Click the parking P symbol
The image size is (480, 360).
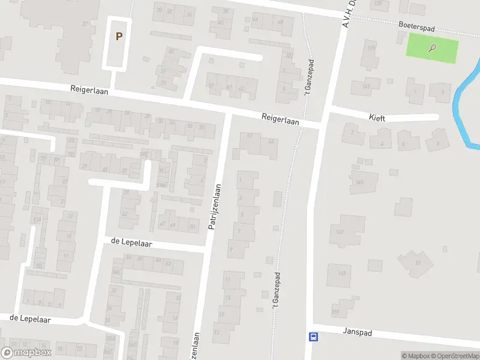pyautogui.click(x=119, y=36)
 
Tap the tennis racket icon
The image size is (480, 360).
pyautogui.click(x=432, y=49)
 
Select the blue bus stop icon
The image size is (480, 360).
pyautogui.click(x=313, y=337)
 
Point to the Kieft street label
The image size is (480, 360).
pyautogui.click(x=377, y=119)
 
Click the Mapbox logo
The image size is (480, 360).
pyautogui.click(x=26, y=353)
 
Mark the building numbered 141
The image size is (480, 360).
pyautogui.click(x=367, y=86)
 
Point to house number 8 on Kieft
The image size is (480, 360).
pyautogui.click(x=438, y=143)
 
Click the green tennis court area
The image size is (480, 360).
pyautogui.click(x=433, y=49)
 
